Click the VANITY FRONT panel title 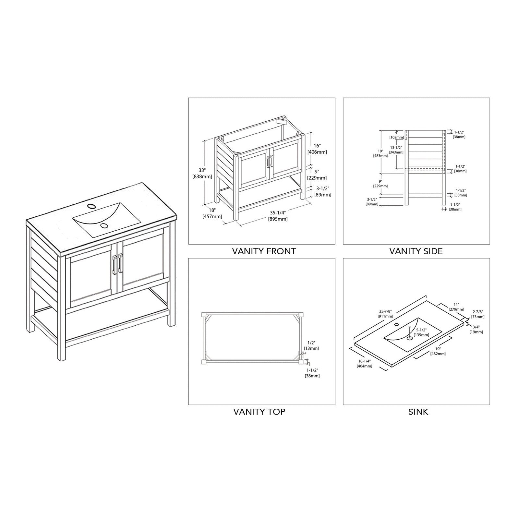click(264, 251)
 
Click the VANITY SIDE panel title click(416, 251)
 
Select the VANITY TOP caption click(259, 412)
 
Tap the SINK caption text click(418, 412)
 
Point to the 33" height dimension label click(202, 173)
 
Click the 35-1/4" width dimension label click(278, 216)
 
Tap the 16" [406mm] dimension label click(317, 149)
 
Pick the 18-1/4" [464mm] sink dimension click(365, 363)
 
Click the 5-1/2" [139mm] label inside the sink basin click(423, 332)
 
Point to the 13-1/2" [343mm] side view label click(396, 150)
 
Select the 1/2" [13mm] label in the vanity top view click(312, 345)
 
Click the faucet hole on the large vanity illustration click(91, 206)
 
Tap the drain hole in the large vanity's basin click(104, 225)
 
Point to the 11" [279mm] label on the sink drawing click(457, 307)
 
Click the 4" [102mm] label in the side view click(396, 135)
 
